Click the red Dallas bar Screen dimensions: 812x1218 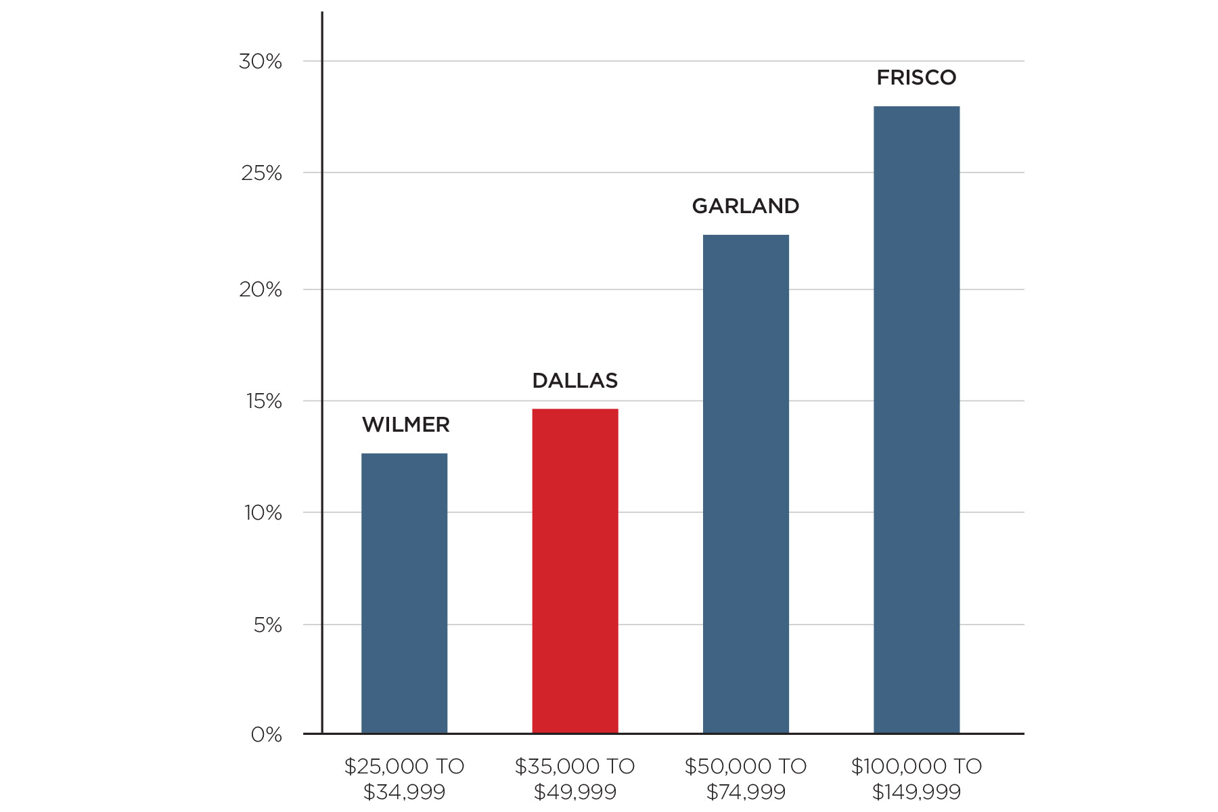click(574, 572)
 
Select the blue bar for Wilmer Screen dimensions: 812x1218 click(404, 593)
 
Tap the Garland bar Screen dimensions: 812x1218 click(746, 484)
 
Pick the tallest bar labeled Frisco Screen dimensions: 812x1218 click(916, 420)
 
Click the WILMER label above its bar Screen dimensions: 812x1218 click(405, 425)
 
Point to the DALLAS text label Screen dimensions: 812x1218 click(574, 381)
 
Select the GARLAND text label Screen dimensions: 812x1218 click(745, 206)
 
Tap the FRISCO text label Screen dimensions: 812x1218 click(916, 78)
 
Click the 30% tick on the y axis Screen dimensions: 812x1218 click(261, 62)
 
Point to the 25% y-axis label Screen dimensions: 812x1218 click(261, 173)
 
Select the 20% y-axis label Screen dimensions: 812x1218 click(261, 290)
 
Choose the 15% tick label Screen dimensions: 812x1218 click(263, 401)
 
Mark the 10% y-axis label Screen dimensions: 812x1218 click(263, 513)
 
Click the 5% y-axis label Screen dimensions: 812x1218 click(268, 625)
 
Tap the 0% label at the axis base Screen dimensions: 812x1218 click(266, 735)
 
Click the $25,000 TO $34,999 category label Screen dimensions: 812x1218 click(404, 778)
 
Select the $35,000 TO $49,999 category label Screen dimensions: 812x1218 click(574, 778)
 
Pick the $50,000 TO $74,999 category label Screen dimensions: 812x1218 click(745, 778)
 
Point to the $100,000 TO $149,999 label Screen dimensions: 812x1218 click(916, 778)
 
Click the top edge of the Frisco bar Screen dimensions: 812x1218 click(916, 107)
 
